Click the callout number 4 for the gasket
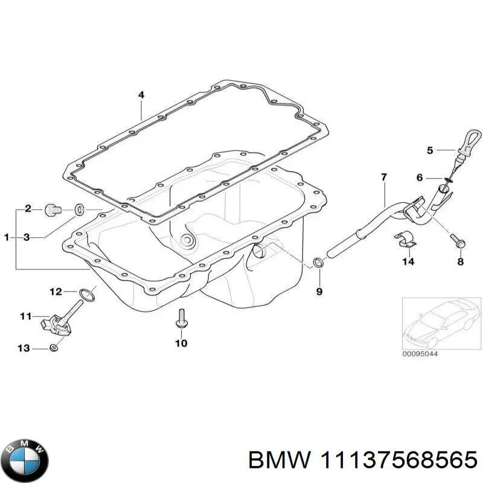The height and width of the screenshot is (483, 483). click(x=141, y=95)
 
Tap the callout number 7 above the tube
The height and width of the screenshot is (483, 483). click(x=383, y=177)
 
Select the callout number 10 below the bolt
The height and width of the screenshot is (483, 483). click(x=181, y=344)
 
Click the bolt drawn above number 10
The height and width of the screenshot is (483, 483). click(x=181, y=318)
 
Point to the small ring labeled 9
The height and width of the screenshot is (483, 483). click(x=318, y=263)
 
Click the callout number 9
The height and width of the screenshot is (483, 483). click(x=319, y=292)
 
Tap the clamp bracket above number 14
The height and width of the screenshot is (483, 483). click(x=405, y=239)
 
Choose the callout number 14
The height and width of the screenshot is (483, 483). click(x=409, y=262)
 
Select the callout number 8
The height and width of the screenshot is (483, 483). click(x=460, y=262)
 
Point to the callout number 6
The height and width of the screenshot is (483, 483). click(x=420, y=178)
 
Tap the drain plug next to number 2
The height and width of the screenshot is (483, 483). click(x=52, y=210)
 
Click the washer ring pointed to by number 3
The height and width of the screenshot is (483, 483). click(x=79, y=210)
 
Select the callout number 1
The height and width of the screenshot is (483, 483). click(x=7, y=238)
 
